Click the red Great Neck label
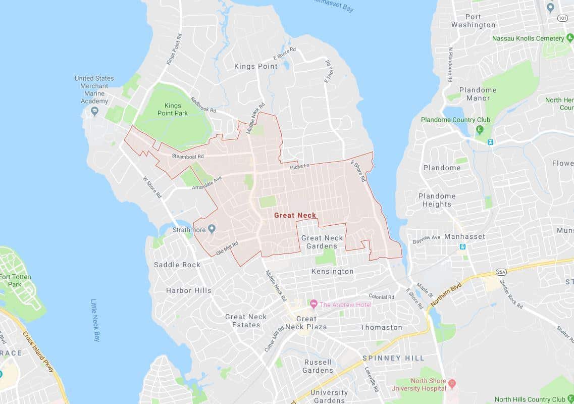(x=295, y=215)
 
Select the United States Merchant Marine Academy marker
(x=94, y=111)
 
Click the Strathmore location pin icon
(x=212, y=229)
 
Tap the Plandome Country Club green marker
(x=479, y=130)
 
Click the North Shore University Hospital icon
(x=452, y=384)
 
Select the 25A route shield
(x=501, y=272)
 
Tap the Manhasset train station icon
(x=462, y=246)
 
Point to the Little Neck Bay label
(x=95, y=320)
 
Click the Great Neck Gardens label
(x=322, y=242)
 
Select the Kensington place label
(x=332, y=271)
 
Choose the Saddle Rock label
(x=177, y=265)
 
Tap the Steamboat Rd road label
(x=187, y=157)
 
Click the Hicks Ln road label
(x=299, y=167)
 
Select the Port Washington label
(x=473, y=21)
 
